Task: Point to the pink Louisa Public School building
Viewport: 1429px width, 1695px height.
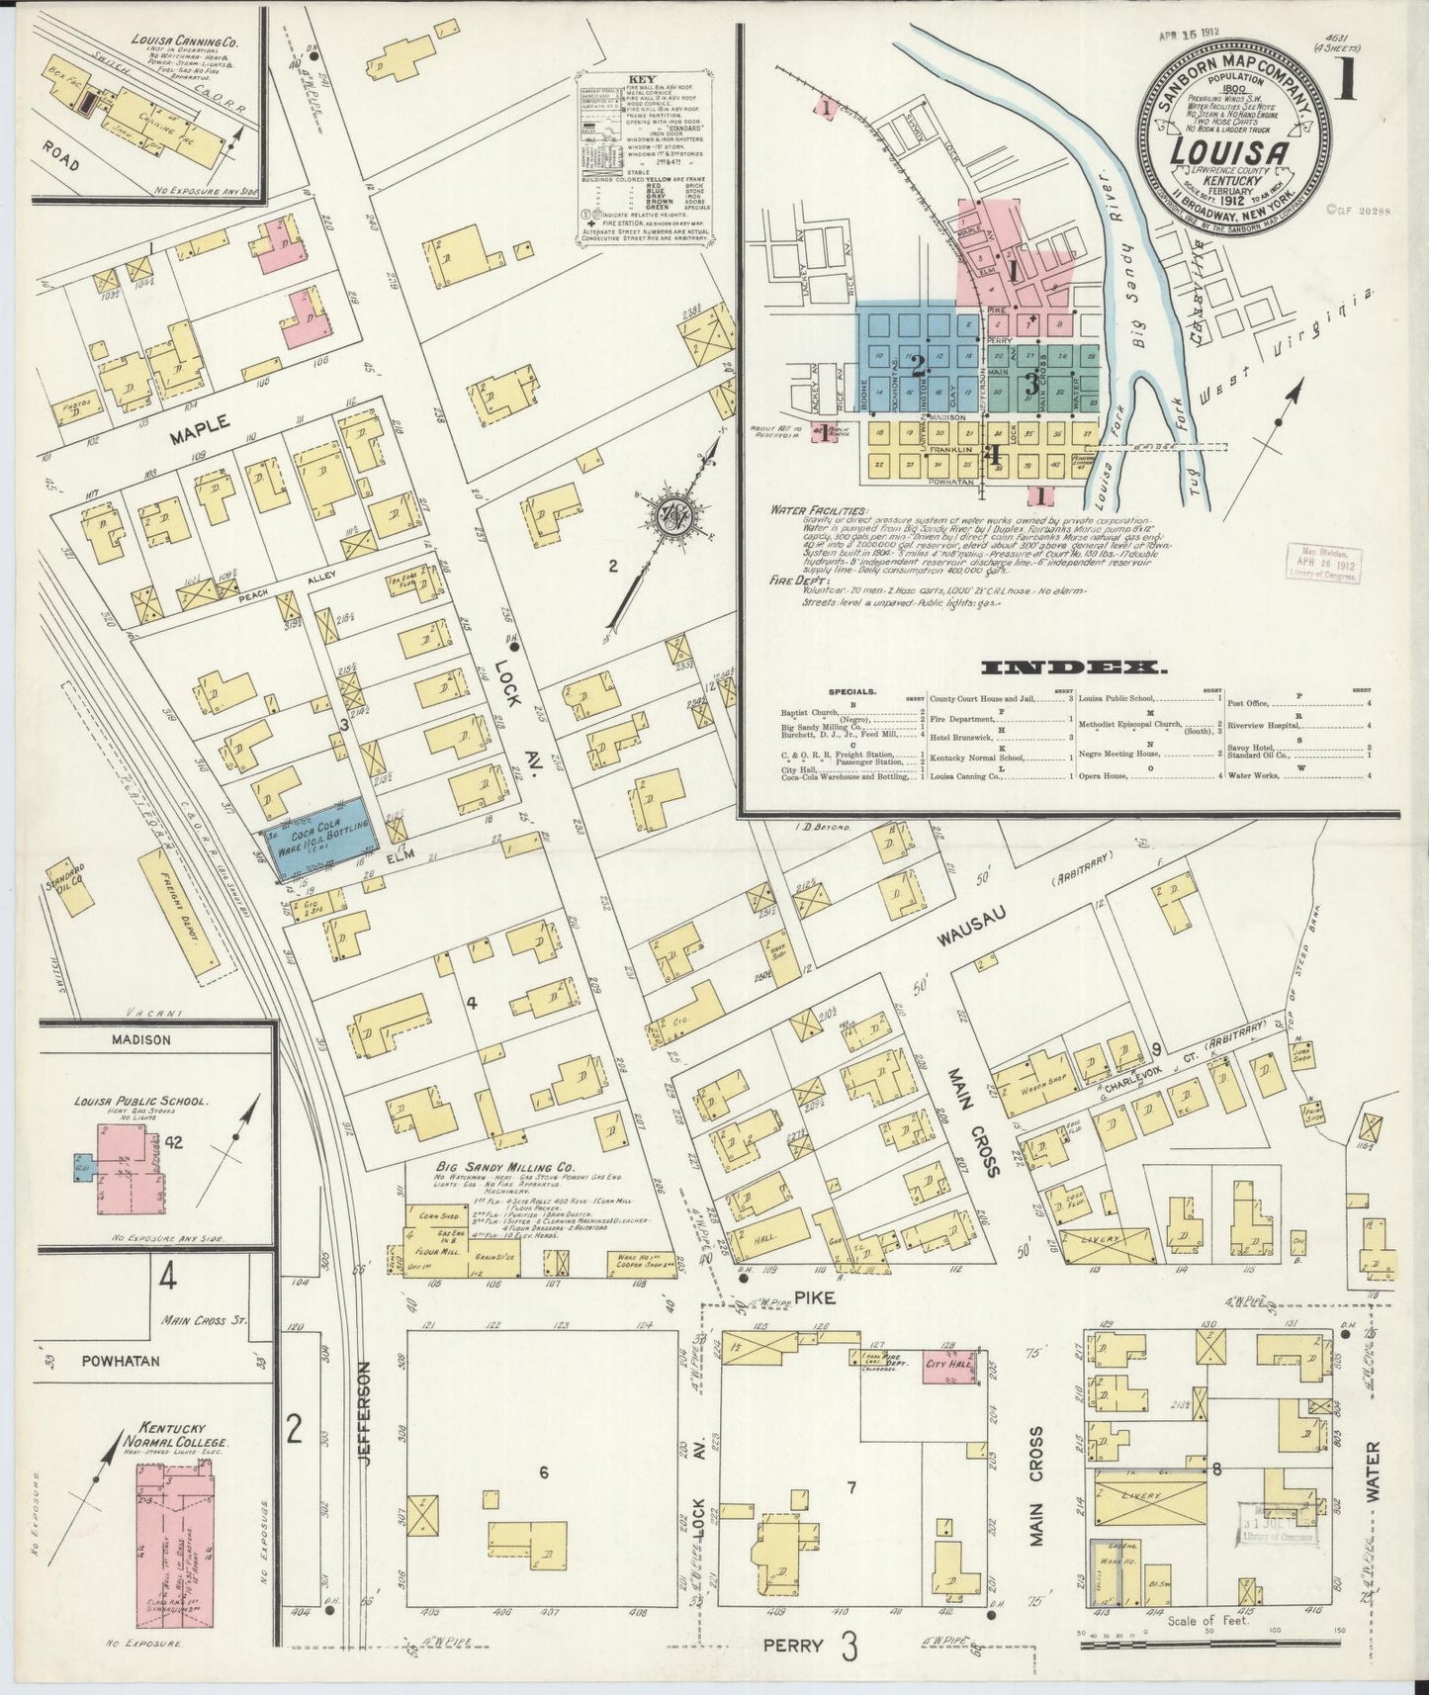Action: click(129, 1172)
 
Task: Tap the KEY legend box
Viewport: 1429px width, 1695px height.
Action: click(644, 158)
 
